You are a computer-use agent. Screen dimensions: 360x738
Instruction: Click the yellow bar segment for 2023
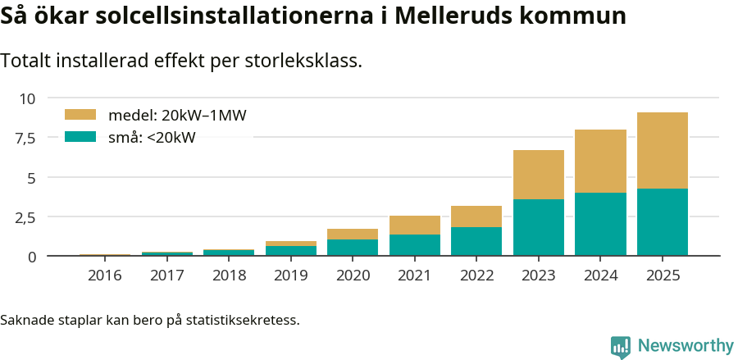tap(538, 175)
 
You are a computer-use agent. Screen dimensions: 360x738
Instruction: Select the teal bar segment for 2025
tap(662, 222)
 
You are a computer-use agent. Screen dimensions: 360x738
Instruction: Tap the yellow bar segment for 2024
tap(600, 162)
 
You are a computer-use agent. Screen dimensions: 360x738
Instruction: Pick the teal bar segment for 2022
tap(476, 241)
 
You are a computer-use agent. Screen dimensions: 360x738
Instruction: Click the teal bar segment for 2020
tap(353, 248)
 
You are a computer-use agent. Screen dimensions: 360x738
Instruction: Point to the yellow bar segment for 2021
tap(414, 226)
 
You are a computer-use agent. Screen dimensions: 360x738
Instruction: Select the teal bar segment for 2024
tap(600, 224)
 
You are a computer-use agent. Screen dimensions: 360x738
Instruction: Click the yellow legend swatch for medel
tap(80, 115)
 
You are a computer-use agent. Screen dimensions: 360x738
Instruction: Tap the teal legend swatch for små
tap(80, 137)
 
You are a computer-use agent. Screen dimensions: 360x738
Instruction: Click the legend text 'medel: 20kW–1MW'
tap(177, 116)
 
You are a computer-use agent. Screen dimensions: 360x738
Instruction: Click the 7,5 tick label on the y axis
tap(25, 138)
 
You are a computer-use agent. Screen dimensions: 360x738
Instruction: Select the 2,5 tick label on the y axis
tap(25, 217)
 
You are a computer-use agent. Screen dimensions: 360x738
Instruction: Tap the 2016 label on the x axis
tap(104, 276)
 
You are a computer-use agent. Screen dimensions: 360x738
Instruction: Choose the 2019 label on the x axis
tap(290, 276)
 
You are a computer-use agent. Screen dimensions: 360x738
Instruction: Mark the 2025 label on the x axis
tap(662, 276)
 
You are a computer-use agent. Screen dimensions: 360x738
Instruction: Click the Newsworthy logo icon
tap(621, 346)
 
